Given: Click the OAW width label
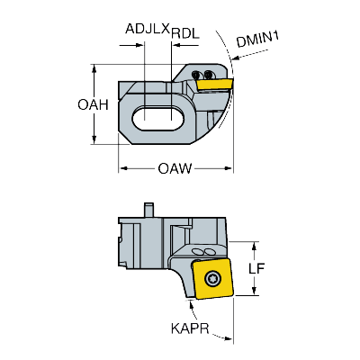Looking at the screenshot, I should [176, 168].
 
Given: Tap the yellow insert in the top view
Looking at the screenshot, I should [214, 85].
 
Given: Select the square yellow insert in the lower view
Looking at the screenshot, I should [213, 278].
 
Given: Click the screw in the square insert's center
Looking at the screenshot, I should [213, 277].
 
